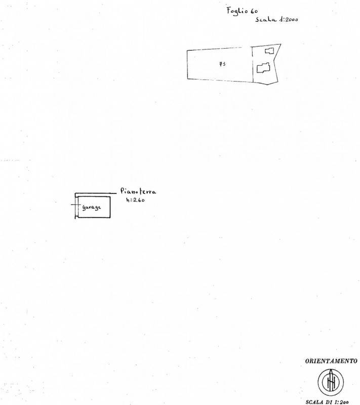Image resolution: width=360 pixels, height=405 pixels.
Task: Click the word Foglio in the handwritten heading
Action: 237,11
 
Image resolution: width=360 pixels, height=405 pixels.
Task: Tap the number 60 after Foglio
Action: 254,11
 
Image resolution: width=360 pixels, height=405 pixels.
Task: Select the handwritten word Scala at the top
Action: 266,19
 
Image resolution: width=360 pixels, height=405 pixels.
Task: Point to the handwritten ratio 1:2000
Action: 289,19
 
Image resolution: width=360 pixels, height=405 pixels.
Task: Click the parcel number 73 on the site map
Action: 222,64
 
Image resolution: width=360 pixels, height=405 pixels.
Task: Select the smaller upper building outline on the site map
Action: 269,51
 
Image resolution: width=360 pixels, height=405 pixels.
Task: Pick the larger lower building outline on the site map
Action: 263,68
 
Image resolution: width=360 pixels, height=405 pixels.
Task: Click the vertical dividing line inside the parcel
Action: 252,65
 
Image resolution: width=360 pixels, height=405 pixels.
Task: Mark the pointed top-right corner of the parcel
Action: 281,44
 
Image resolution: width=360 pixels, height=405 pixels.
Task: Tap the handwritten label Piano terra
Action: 138,191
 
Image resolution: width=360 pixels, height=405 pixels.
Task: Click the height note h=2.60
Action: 135,199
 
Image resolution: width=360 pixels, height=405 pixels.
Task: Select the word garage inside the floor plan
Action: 92,208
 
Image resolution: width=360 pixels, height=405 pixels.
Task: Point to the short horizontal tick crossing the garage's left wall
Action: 74,205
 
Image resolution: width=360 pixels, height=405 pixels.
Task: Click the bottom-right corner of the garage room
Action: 110,218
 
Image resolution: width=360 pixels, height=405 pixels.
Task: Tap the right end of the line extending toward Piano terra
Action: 116,193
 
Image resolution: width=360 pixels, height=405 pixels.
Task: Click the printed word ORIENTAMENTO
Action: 331,361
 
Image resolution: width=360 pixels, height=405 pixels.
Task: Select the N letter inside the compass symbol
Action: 331,383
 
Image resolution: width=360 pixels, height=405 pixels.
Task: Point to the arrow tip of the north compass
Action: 331,370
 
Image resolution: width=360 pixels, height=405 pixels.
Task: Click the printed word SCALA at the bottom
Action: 314,402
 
